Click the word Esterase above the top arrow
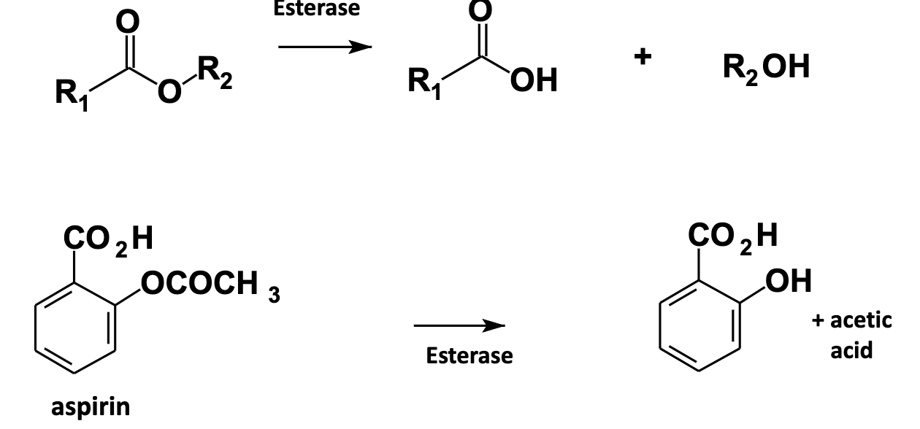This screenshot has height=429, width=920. pos(317,9)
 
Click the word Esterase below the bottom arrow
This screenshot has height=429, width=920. pos(469,356)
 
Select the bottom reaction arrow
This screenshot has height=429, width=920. pos(459,325)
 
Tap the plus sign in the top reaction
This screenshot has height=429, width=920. pos(642,58)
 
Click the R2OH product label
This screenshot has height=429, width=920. pos(766,68)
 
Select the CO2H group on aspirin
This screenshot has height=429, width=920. pos(108,239)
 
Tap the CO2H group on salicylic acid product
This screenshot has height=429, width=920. pos(733,236)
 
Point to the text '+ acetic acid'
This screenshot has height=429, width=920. pos(852,335)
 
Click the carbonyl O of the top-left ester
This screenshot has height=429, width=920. pos(129,22)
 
